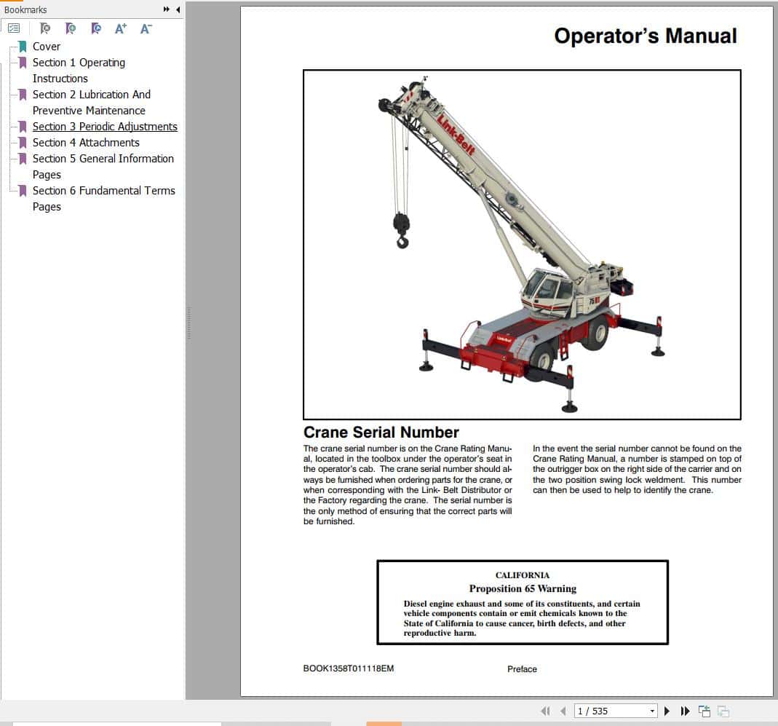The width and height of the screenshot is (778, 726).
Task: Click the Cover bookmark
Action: (x=46, y=47)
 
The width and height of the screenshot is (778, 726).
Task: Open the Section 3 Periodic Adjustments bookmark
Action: (x=104, y=127)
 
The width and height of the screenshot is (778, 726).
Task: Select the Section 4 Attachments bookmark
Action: (x=85, y=143)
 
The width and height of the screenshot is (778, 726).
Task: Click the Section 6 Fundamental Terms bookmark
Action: (x=103, y=191)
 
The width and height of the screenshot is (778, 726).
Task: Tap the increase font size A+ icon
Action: (x=121, y=28)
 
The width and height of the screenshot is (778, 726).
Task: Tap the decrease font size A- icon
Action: (x=146, y=28)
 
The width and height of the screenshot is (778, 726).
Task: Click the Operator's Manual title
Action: (x=645, y=36)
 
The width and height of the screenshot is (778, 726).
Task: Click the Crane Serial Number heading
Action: (x=381, y=433)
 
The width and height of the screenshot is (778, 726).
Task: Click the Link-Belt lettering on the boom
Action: (x=456, y=134)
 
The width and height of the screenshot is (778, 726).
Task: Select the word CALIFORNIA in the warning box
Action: (x=522, y=575)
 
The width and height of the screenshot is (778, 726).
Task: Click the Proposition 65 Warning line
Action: (x=522, y=588)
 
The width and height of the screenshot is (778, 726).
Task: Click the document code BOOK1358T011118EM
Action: (x=348, y=668)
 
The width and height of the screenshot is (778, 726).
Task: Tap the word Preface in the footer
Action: (x=522, y=669)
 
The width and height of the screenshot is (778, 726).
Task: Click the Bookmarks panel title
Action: (x=25, y=9)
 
